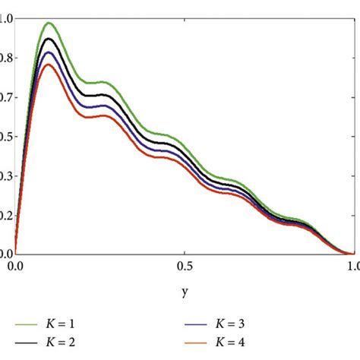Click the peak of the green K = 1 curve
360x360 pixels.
pyautogui.click(x=49, y=24)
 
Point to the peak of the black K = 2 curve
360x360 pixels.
pyautogui.click(x=50, y=39)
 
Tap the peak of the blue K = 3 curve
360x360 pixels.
pyautogui.click(x=50, y=52)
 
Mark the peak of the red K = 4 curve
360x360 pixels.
pyautogui.click(x=50, y=65)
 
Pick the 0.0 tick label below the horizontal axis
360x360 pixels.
pyautogui.click(x=15, y=267)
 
